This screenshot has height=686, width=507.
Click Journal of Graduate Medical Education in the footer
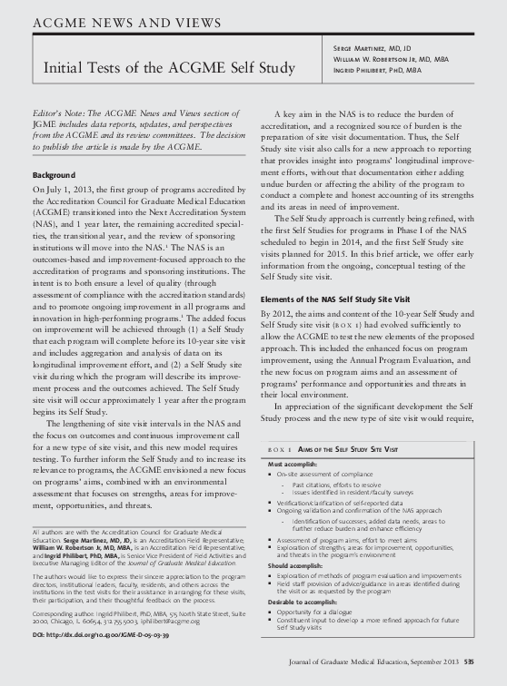pyautogui.click(x=350, y=663)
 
